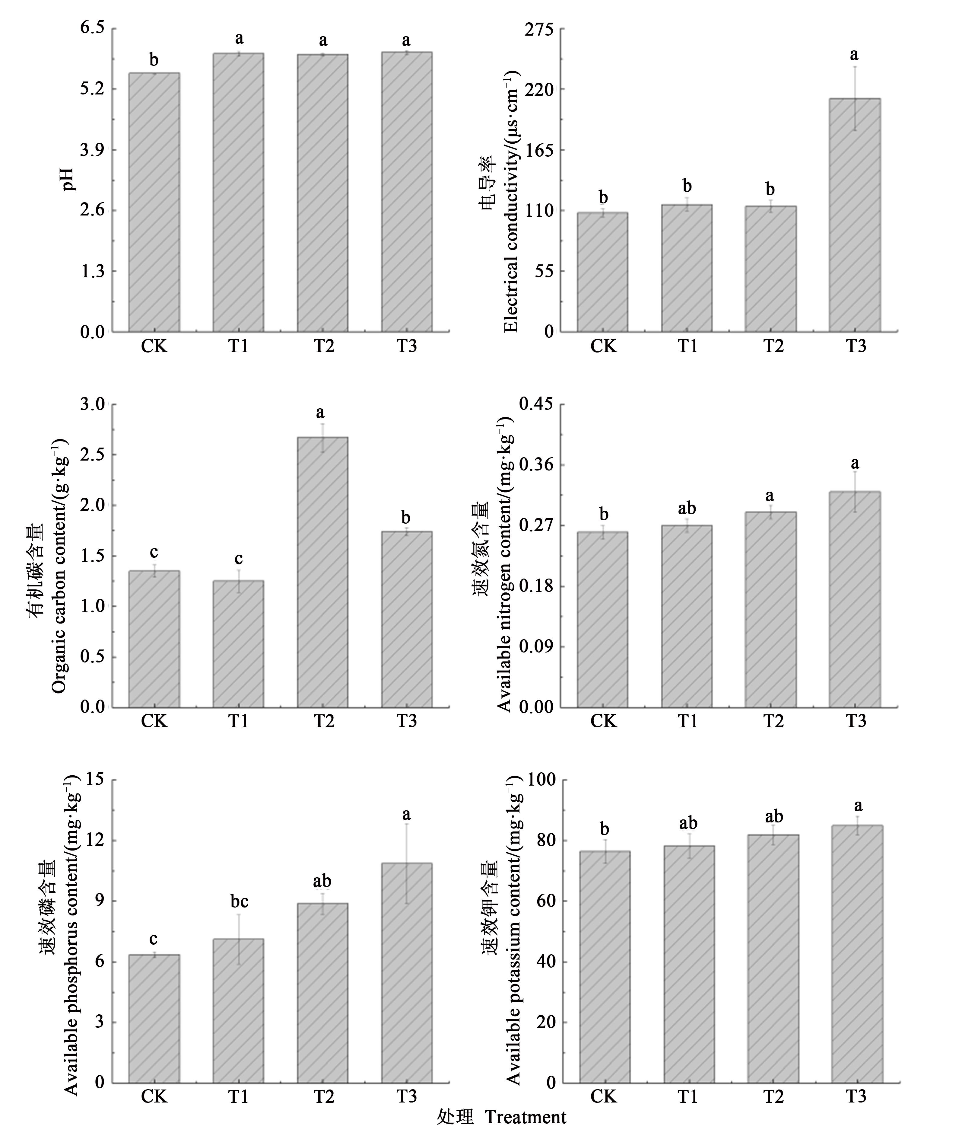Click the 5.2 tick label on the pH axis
[92, 89]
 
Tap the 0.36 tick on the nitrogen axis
[535, 464]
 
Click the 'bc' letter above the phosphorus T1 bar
[239, 901]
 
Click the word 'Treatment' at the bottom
[526, 1118]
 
